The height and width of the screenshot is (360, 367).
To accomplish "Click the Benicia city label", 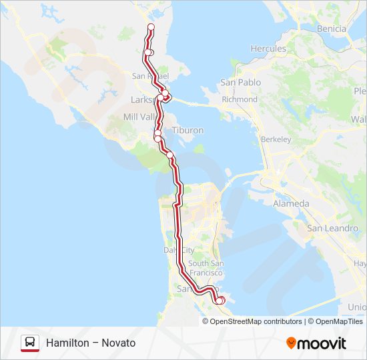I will [x=331, y=29].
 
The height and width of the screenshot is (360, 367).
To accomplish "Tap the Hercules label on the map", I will [x=268, y=49].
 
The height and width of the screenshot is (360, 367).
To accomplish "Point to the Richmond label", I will [x=239, y=99].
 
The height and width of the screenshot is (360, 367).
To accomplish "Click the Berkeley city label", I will [x=276, y=139].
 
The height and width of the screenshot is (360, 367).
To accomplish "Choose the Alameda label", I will [x=290, y=203].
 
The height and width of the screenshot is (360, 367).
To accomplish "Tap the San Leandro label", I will [x=328, y=228].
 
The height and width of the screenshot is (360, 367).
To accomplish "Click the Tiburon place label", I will [x=188, y=131].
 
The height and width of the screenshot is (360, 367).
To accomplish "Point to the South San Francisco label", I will [x=206, y=268].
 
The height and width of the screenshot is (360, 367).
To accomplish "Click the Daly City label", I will [x=178, y=250].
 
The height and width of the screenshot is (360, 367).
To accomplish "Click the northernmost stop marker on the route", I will [x=151, y=27].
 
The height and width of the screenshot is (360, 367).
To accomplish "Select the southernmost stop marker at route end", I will [x=220, y=301].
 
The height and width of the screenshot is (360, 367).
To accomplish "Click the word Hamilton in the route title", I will [x=66, y=343].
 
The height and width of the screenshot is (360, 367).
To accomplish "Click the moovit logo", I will [x=316, y=343].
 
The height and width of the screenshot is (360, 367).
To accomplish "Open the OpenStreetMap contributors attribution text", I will [x=256, y=321].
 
